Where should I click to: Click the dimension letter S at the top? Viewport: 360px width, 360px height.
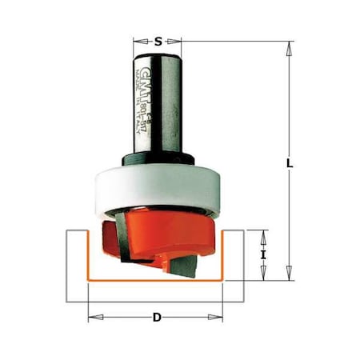[158, 41]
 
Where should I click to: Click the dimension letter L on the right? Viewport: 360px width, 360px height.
[290, 164]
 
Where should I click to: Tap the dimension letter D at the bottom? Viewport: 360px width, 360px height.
[156, 318]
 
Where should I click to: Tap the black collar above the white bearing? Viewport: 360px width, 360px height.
[157, 160]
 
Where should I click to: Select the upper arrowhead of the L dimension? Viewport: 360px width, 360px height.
[286, 46]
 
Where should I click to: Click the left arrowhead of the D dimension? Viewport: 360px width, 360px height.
[92, 318]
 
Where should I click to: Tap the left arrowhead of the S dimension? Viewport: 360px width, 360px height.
[136, 41]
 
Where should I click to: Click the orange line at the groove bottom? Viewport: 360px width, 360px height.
[156, 281]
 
